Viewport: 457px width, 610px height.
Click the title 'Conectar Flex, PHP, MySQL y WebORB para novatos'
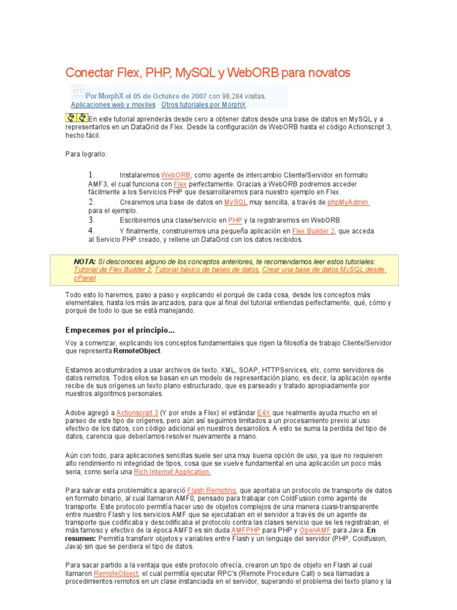[x=208, y=73]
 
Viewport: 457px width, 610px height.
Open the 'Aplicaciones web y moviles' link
[x=113, y=104]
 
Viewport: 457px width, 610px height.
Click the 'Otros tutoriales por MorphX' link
[x=204, y=104]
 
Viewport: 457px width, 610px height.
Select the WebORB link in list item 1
[x=176, y=175]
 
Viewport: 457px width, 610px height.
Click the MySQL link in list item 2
[x=236, y=203]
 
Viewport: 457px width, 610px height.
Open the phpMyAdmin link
[x=348, y=203]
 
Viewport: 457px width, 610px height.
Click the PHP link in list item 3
[x=234, y=220]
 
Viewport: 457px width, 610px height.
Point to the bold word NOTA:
[x=84, y=262]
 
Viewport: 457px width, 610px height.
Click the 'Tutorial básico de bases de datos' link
[x=206, y=270]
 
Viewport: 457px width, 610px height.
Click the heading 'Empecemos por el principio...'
[x=120, y=330]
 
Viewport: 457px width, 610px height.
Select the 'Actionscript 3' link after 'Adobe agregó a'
[x=137, y=412]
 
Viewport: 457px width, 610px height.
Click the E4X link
[x=264, y=412]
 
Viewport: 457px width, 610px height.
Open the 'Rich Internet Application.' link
[x=172, y=472]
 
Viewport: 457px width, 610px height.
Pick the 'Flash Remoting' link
[x=212, y=490]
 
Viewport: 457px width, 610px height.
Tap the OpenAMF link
[x=315, y=530]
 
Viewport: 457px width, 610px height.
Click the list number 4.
[x=92, y=231]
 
